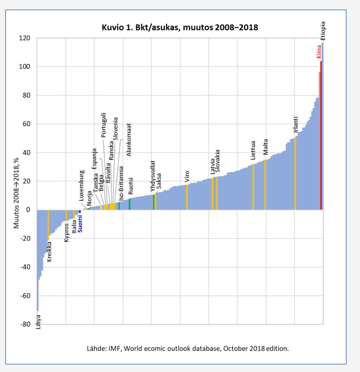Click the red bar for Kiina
(321, 136)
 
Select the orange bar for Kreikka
(48, 225)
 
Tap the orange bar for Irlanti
(295, 173)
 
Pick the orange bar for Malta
(265, 185)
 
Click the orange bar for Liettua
(253, 187)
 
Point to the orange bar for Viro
(187, 197)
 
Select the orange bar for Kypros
(66, 215)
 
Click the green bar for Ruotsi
(130, 204)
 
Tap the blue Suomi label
(80, 224)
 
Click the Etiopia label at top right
(323, 31)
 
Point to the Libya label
(38, 322)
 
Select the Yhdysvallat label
(153, 176)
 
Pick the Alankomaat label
(129, 140)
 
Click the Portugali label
(103, 125)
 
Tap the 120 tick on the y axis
(24, 38)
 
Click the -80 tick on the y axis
(25, 324)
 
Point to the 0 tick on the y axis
(28, 210)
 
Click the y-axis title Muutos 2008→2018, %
(16, 193)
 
